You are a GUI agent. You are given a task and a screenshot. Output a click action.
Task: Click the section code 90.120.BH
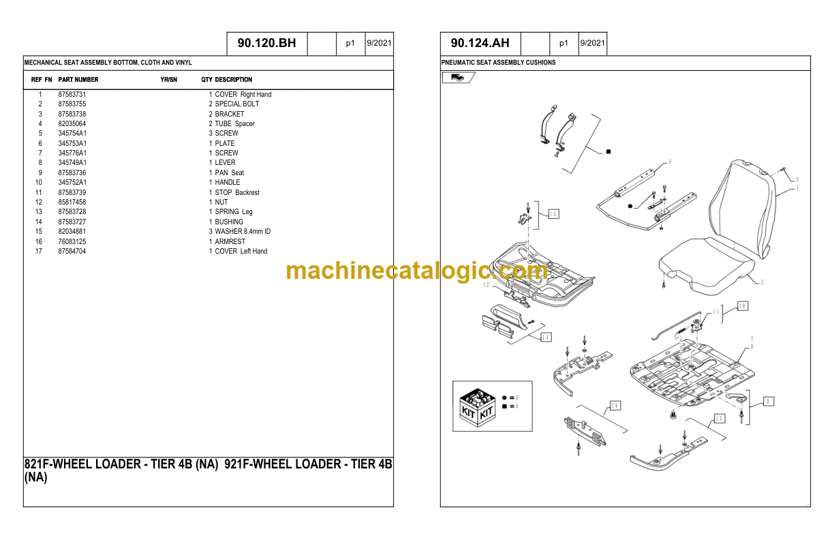coord(266,44)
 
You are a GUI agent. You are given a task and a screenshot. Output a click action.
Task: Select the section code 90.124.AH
coord(480,44)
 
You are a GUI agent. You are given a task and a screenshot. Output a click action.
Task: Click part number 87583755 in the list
coord(72,104)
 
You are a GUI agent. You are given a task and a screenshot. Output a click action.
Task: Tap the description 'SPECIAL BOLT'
coord(236,104)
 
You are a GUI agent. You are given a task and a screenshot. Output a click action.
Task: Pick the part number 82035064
coord(72,124)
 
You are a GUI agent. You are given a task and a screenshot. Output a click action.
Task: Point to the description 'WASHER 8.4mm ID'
coord(243,232)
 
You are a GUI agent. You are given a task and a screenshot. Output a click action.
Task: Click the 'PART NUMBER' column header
coord(78,80)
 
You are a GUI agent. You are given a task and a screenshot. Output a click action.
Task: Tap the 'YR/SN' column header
coord(168,80)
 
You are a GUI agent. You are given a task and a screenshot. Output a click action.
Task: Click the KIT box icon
coord(477,407)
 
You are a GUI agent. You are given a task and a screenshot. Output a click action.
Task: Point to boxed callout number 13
coord(553,214)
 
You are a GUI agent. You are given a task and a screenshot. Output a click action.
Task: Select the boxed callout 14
coord(546,337)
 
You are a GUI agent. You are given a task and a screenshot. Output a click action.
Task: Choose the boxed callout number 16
coord(615,406)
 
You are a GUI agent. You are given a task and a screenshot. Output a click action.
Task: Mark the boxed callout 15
coord(719,419)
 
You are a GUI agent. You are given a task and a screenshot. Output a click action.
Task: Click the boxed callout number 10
coord(743,306)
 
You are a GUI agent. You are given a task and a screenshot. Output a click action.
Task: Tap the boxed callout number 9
coord(768,402)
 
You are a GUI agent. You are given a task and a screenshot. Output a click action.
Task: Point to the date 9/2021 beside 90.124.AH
coord(592,43)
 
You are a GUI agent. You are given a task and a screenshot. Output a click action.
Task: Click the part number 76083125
coord(72,241)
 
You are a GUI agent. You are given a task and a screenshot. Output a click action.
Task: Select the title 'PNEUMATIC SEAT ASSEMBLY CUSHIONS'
coord(498,63)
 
